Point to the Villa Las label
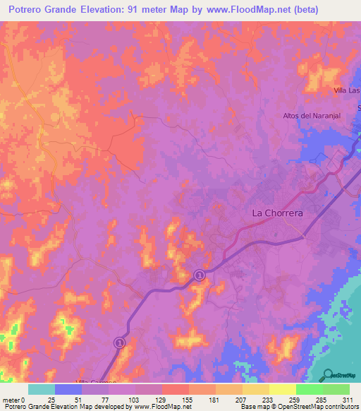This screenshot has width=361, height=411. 346,91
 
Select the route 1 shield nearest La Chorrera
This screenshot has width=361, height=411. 200,275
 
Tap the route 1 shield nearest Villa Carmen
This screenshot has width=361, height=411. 119,342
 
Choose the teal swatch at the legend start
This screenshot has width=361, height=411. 41,389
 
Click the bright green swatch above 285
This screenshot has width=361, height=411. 309,389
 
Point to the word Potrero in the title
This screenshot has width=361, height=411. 30,10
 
